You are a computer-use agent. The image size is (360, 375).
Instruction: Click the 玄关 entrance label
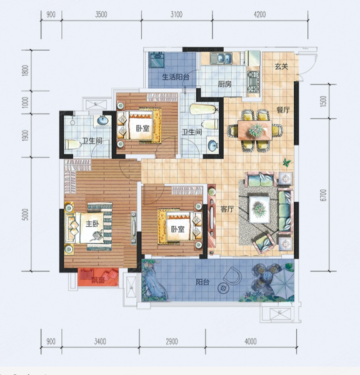click(x=281, y=66)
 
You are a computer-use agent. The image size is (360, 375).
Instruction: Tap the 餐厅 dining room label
click(x=283, y=110)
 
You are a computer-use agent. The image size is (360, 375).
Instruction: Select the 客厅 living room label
click(x=227, y=209)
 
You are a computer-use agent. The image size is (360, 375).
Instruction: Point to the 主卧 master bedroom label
click(x=92, y=224)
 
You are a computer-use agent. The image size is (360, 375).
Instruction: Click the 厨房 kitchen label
click(x=224, y=84)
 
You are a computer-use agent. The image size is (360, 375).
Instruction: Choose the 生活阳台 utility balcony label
click(x=176, y=77)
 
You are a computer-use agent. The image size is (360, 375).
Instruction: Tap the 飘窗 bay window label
click(x=98, y=279)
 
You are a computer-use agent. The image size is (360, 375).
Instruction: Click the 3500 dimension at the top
click(x=101, y=14)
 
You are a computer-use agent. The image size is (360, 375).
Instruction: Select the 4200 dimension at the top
click(x=260, y=14)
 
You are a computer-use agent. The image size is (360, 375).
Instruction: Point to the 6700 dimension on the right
click(x=323, y=195)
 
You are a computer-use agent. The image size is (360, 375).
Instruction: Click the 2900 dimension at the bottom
click(x=172, y=341)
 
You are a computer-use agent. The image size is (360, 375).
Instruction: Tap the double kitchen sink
click(x=221, y=58)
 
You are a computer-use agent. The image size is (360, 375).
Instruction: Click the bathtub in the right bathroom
click(x=204, y=109)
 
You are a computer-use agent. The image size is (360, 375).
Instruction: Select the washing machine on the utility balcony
click(x=157, y=60)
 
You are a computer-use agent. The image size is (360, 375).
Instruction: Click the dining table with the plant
click(x=255, y=130)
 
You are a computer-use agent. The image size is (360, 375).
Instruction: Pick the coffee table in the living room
click(x=259, y=209)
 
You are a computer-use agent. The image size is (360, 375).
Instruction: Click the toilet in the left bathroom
click(x=73, y=144)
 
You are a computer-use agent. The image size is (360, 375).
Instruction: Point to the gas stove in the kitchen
click(x=254, y=82)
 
